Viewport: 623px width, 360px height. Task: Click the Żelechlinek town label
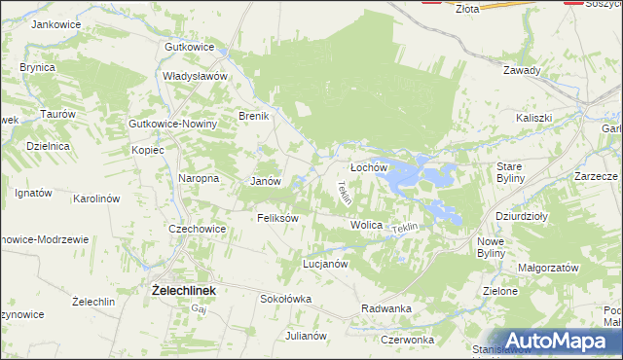point(183,290)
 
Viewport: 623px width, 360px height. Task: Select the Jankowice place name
point(54,24)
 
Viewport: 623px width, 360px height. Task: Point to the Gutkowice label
point(189,47)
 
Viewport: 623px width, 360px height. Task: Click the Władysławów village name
point(195,75)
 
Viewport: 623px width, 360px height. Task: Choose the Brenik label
point(254,116)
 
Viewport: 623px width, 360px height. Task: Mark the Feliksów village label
point(277,218)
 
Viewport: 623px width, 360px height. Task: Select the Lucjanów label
point(325,264)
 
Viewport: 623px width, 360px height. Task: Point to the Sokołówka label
point(285,299)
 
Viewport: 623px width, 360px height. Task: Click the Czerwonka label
point(407,340)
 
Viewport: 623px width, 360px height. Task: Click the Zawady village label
point(522,70)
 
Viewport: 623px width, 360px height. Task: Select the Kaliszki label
point(534,118)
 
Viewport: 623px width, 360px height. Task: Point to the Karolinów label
point(96,198)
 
